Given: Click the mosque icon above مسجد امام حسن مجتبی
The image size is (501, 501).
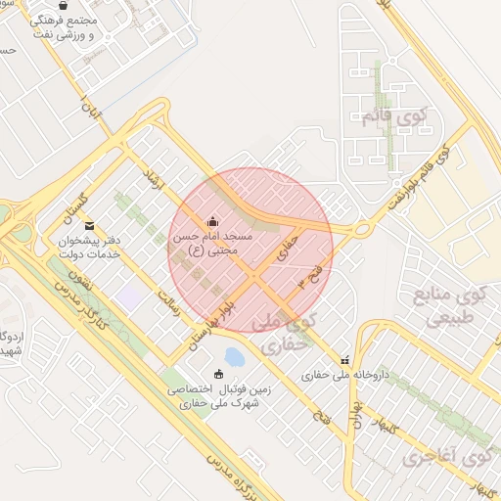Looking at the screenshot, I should [212, 220].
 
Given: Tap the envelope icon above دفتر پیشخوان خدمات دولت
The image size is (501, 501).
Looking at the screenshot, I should [90, 226].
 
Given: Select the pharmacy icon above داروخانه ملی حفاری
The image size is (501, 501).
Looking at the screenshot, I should [343, 358].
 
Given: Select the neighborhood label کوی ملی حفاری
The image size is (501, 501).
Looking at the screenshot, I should [285, 332].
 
